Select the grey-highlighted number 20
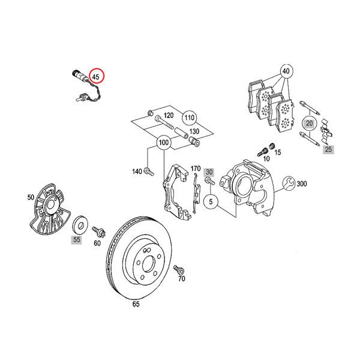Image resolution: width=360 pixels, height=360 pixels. [x=309, y=124]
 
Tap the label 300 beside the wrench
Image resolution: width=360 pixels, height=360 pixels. [x=301, y=184]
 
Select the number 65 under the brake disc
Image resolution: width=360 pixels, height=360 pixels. [x=136, y=304]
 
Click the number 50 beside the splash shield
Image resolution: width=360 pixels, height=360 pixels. [x=31, y=197]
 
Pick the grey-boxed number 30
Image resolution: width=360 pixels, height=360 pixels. [x=209, y=171]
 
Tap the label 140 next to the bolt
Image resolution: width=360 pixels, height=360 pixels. [x=137, y=172]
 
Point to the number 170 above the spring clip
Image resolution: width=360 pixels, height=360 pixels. [x=196, y=168]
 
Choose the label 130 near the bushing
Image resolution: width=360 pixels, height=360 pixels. [x=194, y=132]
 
